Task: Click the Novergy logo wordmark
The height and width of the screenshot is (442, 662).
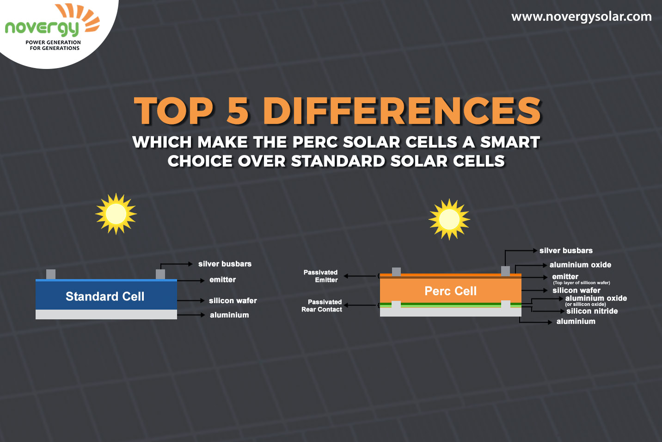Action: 42,29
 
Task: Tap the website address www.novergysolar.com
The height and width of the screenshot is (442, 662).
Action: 581,17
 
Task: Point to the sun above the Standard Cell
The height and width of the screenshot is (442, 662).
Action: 116,214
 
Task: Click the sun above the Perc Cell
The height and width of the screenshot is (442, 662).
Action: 449,219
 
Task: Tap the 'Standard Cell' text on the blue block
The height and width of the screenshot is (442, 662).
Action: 105,297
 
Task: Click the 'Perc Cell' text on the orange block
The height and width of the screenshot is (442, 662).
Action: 450,291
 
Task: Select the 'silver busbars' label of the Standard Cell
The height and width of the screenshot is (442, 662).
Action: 225,264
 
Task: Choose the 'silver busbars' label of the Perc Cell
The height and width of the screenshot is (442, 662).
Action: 566,250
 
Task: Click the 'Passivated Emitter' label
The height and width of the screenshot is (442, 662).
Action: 321,276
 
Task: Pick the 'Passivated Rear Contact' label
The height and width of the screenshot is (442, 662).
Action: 322,305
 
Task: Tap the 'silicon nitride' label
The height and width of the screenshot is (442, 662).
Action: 592,311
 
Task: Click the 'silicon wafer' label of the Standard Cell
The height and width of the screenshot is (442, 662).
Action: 233,301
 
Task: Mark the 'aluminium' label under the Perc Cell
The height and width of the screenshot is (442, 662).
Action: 576,322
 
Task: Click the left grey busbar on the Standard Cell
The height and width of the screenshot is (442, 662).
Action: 51,274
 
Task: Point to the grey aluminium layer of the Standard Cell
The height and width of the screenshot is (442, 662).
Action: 106,314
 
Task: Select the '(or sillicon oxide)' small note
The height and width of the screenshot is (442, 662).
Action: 585,305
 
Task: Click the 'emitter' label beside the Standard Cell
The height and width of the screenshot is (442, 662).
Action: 222,280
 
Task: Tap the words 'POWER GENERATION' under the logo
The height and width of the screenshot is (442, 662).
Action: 53,42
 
